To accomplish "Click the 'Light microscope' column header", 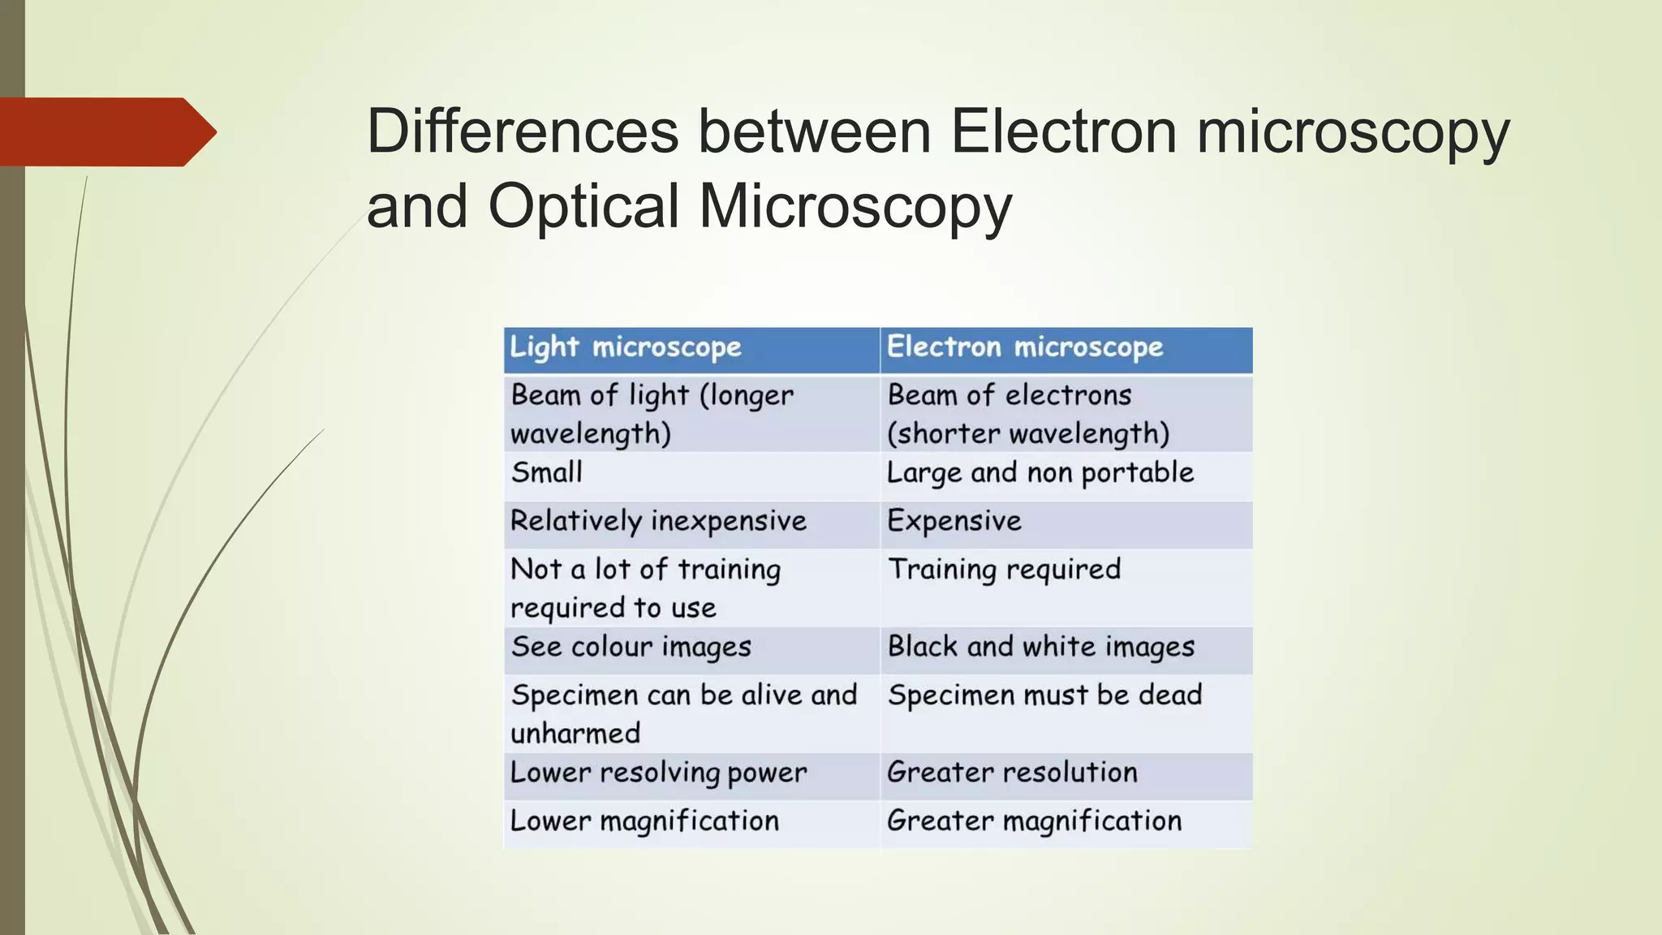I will coord(626,347).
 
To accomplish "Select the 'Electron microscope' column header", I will coord(1025,347).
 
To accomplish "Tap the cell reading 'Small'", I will coord(547,472).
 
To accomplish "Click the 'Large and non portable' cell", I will coord(1040,472).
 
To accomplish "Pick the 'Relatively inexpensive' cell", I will coord(658,521).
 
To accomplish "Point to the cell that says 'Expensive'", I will coord(954,521).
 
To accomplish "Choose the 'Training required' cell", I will coord(1004,570).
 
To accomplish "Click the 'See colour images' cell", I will coord(631,647).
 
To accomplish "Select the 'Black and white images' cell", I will coord(1041,647).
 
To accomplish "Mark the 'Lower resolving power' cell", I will coord(658,773).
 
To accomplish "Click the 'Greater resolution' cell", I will coord(1012,773).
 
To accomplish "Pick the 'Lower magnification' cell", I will coord(644,821).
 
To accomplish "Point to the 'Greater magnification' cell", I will coord(1035,821).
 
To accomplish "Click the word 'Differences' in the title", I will coord(523,131).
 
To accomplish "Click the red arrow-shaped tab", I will coord(105,131).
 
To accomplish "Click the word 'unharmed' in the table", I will coord(575,734).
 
